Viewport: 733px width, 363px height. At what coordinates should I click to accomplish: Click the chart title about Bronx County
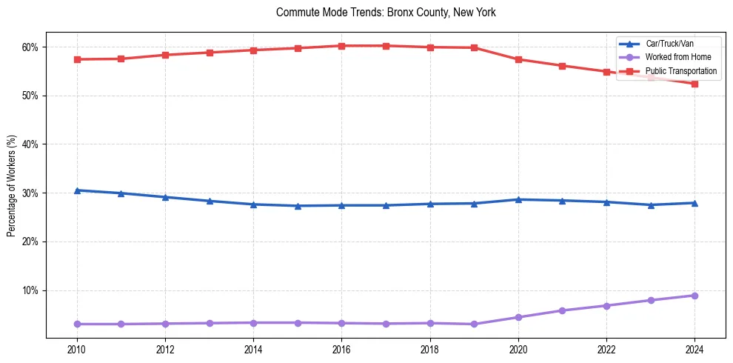[x=386, y=13]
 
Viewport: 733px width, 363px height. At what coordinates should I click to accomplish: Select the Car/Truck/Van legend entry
[x=669, y=44]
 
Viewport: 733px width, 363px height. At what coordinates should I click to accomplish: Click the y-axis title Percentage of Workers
[x=12, y=185]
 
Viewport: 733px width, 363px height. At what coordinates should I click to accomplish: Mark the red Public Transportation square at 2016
[x=341, y=46]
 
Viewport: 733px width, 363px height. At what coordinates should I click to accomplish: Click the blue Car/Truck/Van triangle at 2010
[x=77, y=190]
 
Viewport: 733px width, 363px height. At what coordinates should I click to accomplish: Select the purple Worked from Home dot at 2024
[x=694, y=296]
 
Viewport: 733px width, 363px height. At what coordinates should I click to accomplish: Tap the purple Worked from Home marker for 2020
[x=518, y=317]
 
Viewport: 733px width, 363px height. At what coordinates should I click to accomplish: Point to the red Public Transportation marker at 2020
[x=518, y=59]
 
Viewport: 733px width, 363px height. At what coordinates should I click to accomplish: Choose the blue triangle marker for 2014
[x=253, y=204]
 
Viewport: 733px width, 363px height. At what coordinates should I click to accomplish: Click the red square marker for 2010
[x=77, y=59]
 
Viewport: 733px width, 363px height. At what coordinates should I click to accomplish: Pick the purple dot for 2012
[x=165, y=324]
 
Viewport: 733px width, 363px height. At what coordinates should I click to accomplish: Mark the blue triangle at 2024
[x=694, y=203]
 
